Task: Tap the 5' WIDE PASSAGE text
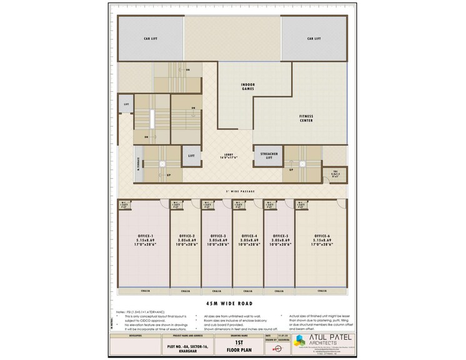235,191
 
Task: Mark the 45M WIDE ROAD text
232,302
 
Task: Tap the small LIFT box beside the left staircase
126,104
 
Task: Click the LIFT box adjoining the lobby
190,154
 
